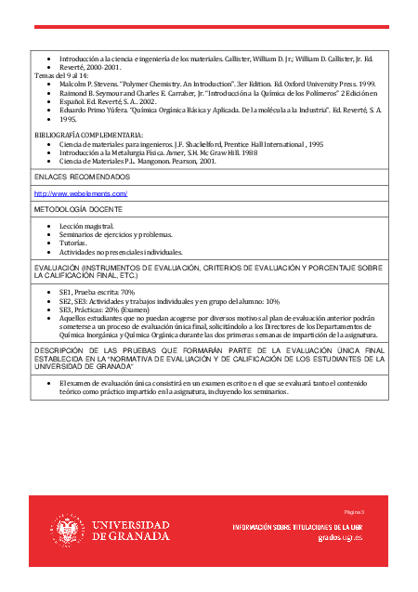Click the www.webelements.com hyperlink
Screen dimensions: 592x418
tap(81, 193)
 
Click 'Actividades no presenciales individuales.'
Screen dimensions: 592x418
tap(121, 251)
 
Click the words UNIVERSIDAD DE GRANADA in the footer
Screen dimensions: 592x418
tap(131, 531)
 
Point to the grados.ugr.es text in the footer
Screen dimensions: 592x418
tap(339, 538)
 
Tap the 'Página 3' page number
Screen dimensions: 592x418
tap(354, 512)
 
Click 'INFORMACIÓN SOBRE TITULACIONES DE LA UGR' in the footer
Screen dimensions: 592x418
tap(297, 527)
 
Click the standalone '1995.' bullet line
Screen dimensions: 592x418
tap(68, 119)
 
